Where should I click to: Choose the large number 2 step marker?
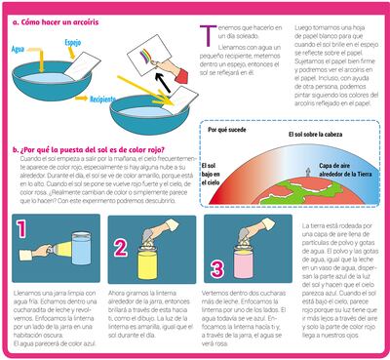(x=123, y=248)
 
